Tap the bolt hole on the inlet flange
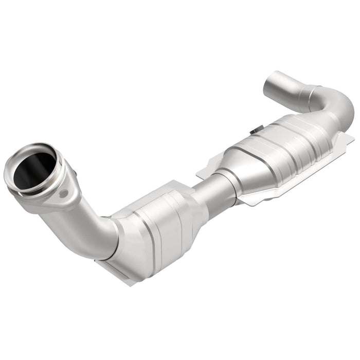click(64, 194)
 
